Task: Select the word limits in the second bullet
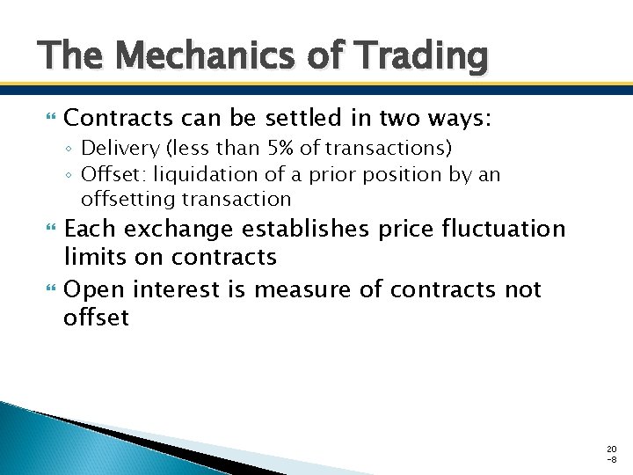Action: point(91,257)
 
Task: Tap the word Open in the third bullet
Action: point(91,289)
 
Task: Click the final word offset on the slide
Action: point(96,317)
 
